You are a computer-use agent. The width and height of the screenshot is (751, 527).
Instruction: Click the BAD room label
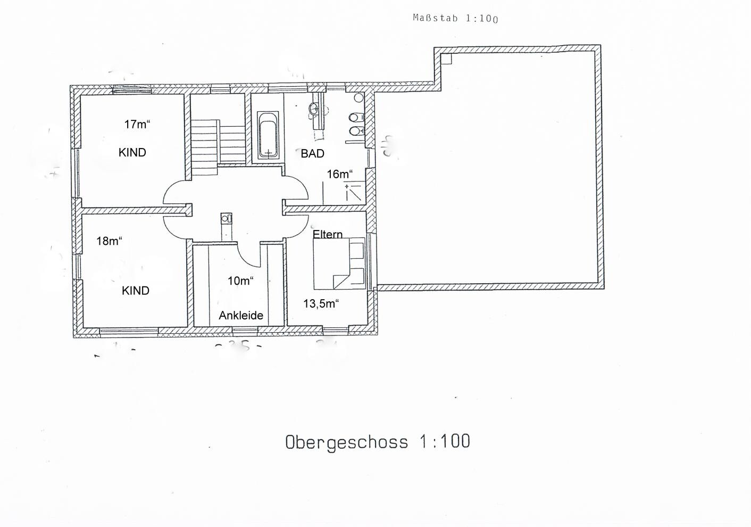tap(312, 154)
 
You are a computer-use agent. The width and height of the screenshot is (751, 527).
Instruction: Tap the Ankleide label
tap(241, 315)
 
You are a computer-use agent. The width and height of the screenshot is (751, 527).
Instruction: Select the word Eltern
tap(328, 234)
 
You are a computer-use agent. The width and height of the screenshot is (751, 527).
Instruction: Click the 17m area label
tap(137, 124)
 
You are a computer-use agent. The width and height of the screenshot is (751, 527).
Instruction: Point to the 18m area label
tap(109, 241)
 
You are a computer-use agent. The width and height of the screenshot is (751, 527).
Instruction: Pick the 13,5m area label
tap(321, 303)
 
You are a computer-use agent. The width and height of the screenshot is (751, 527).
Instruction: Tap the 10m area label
tap(240, 281)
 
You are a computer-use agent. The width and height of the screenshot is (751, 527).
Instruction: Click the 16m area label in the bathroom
tap(340, 174)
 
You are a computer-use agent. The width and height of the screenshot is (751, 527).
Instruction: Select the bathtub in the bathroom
tap(268, 135)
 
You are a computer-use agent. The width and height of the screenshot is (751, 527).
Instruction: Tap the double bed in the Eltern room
tap(339, 263)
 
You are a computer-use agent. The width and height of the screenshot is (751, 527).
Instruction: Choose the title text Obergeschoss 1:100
tap(378, 442)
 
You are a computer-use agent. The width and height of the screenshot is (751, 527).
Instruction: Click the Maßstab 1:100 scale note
tap(455, 18)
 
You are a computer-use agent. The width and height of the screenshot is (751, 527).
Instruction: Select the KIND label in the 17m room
tap(132, 153)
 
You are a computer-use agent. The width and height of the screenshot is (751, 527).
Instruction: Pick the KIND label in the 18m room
tap(136, 291)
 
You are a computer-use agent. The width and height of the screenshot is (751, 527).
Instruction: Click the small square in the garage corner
tap(446, 59)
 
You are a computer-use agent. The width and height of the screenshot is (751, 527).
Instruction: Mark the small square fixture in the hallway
tap(226, 218)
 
